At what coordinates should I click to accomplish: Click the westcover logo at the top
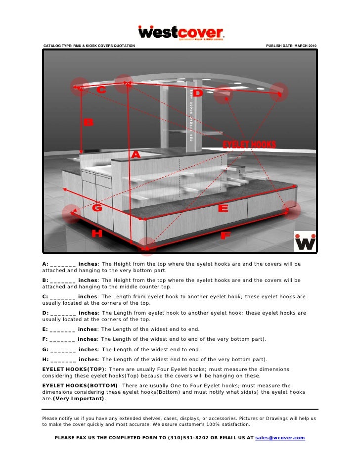tap(181, 33)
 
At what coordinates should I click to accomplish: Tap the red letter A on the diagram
tap(135, 155)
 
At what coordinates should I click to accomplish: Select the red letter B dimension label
tap(88, 122)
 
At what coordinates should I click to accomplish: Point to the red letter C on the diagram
tap(101, 90)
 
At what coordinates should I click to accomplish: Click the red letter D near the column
tap(197, 93)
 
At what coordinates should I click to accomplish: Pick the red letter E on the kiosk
tap(223, 209)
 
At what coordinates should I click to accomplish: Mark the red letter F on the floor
tap(225, 236)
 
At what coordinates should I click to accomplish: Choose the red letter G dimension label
tap(97, 208)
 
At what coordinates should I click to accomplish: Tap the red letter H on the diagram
tap(97, 233)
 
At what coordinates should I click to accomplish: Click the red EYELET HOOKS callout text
tap(249, 144)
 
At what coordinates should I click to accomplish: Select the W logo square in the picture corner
tap(305, 241)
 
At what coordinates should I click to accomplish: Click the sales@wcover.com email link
tap(280, 438)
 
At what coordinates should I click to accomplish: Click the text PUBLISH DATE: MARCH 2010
tap(291, 46)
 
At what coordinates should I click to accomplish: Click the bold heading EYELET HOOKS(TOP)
tap(73, 370)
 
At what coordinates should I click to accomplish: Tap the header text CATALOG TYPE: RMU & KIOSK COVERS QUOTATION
tap(89, 46)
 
